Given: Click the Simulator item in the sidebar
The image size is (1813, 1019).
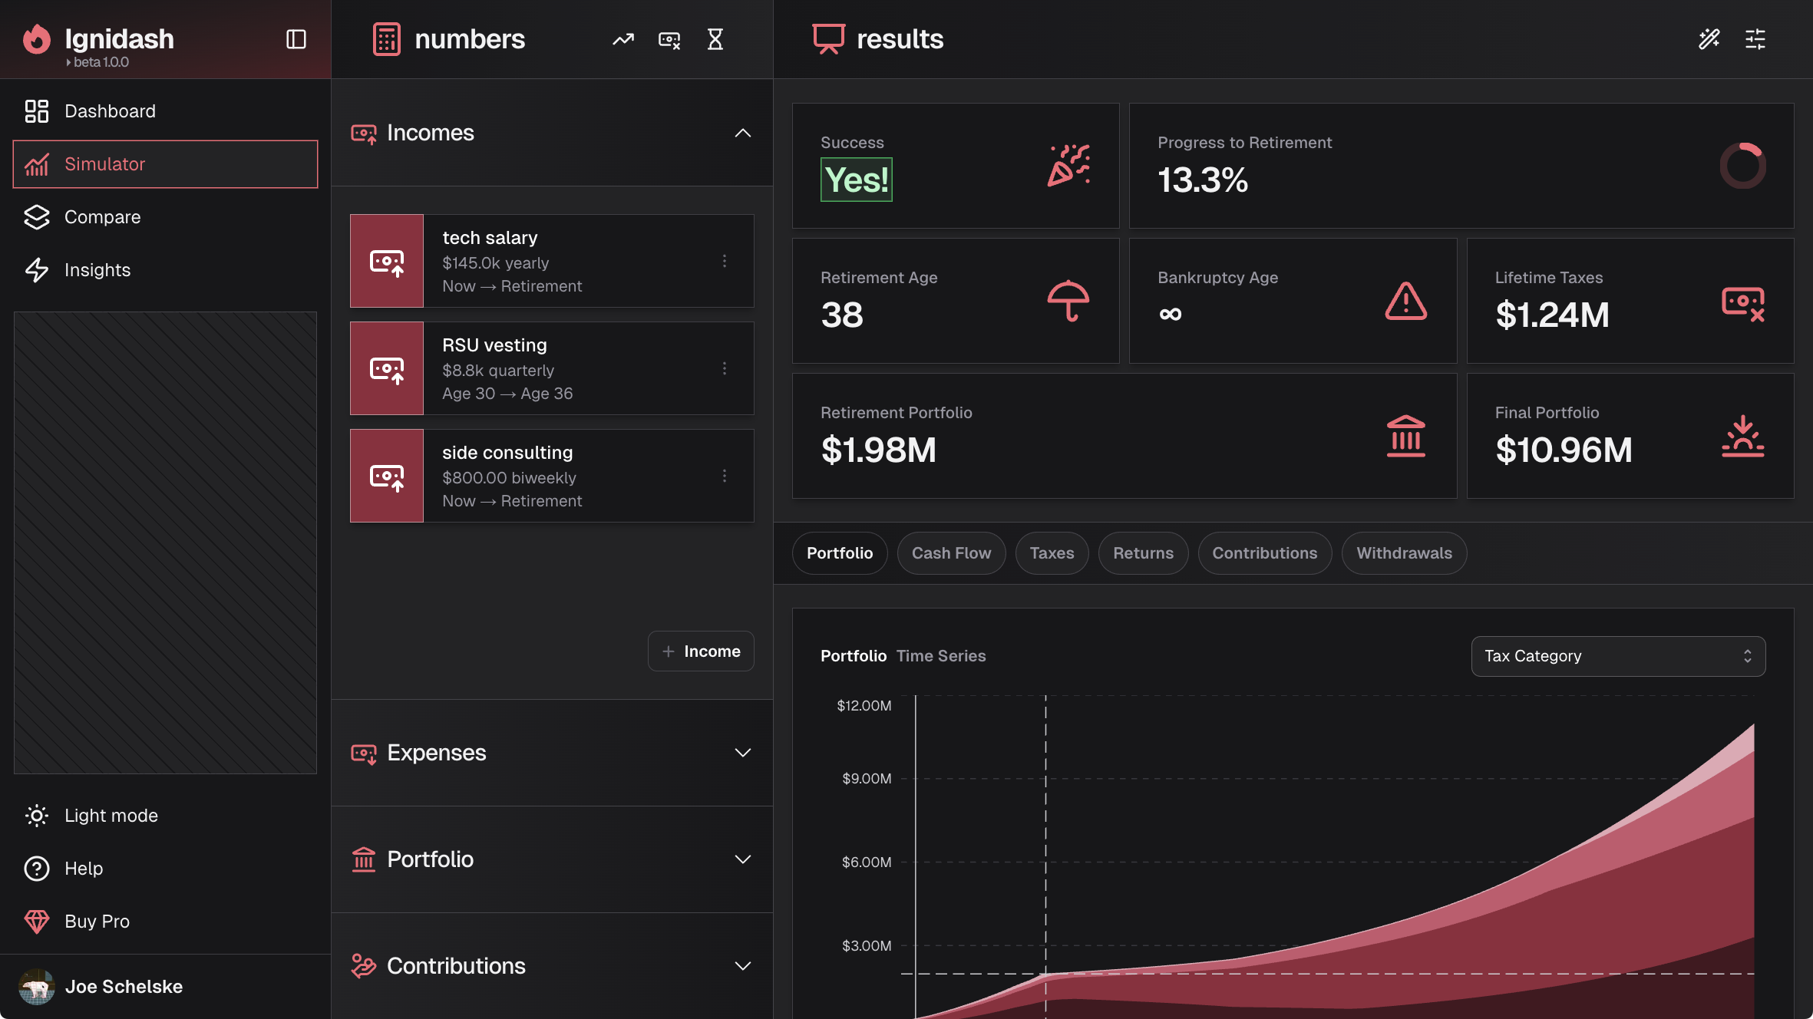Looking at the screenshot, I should (x=165, y=164).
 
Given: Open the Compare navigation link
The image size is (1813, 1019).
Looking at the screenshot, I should (x=102, y=217).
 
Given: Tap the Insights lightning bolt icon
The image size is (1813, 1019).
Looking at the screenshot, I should (x=37, y=270).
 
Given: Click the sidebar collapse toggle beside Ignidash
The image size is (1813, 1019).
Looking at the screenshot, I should (x=296, y=39).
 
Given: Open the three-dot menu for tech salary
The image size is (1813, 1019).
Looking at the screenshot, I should (x=724, y=261).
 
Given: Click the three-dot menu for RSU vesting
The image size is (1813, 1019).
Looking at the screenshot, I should (x=724, y=368).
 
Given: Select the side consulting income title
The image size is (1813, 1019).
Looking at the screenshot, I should (x=507, y=453).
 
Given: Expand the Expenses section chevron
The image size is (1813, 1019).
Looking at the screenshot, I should (x=742, y=753).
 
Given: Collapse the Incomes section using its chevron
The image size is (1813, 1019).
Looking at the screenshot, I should (x=742, y=133).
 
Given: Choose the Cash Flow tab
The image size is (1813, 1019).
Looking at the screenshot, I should (x=951, y=553).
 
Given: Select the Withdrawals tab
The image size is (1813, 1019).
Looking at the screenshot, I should (x=1404, y=553).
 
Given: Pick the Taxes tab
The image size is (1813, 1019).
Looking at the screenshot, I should (x=1052, y=553).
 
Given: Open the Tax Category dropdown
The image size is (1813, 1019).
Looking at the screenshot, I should (x=1618, y=656).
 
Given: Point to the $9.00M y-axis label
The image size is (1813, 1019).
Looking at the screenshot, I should (x=867, y=778).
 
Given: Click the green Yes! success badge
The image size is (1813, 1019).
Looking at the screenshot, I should (x=857, y=180).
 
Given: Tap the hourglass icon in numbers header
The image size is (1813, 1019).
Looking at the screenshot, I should (x=715, y=39).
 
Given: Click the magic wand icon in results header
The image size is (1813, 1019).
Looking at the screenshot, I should (x=1709, y=39).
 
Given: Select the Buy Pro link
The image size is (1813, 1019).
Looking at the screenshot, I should (x=97, y=922).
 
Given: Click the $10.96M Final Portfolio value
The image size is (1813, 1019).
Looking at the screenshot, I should (x=1564, y=450).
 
